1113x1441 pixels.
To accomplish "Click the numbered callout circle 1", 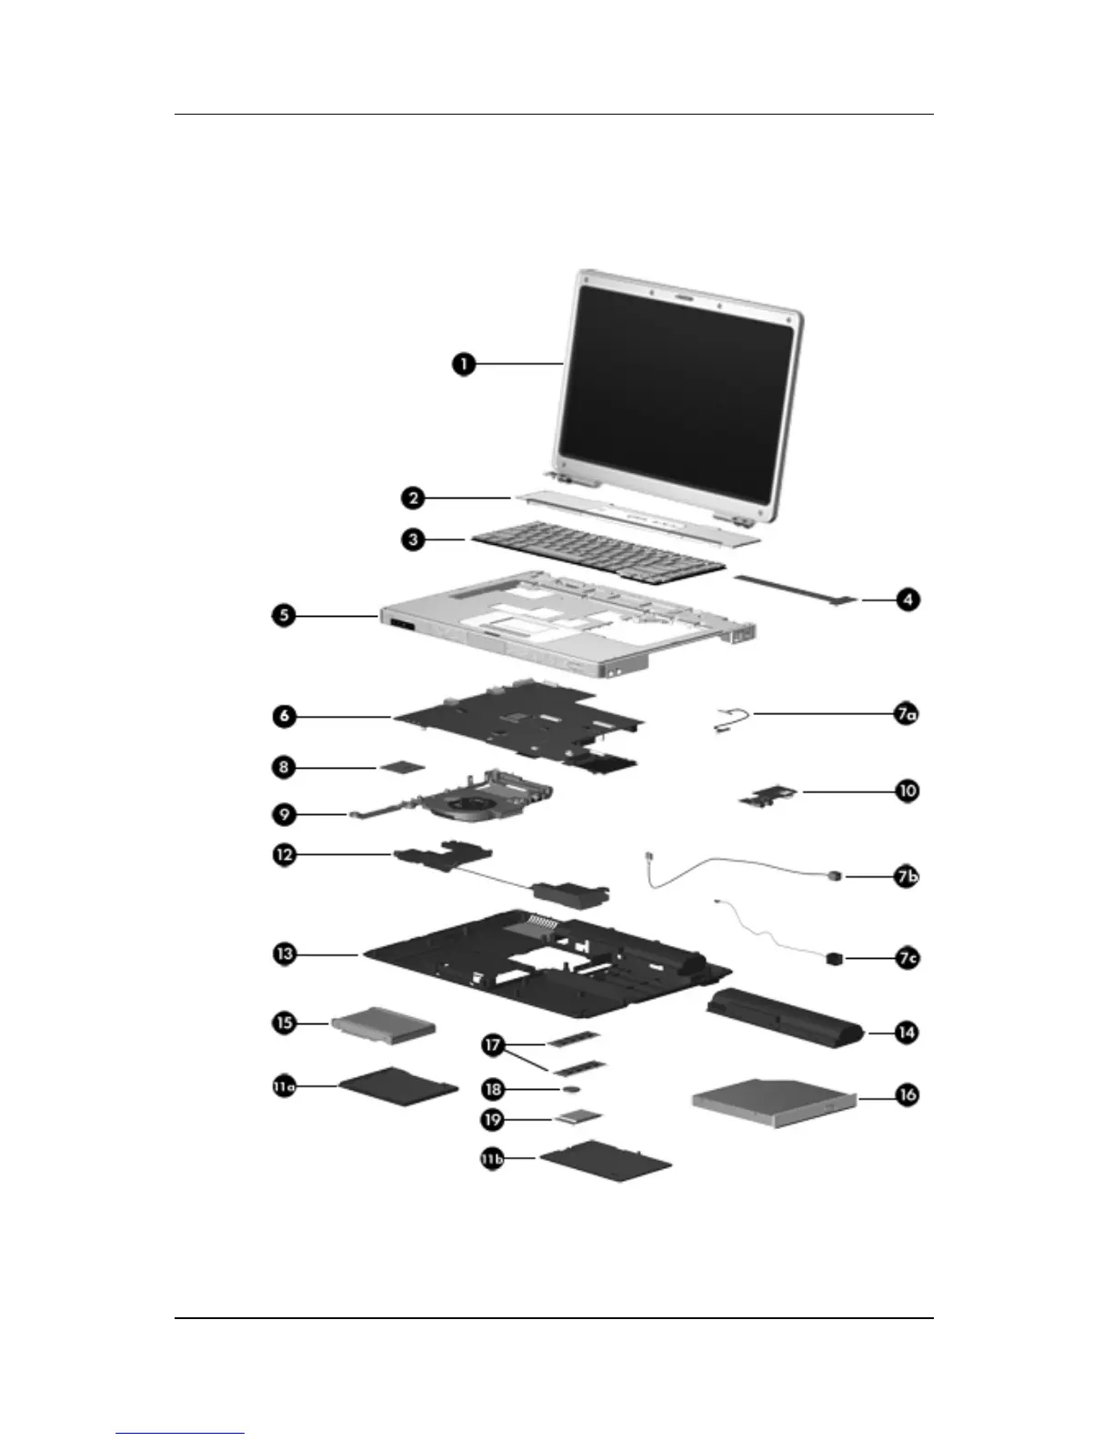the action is tap(464, 365).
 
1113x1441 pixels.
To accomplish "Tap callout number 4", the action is tap(907, 600).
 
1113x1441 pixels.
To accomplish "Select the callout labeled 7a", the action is tap(905, 714).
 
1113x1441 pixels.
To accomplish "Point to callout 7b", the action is tap(906, 877).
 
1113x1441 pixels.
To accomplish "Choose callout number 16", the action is tap(907, 1094).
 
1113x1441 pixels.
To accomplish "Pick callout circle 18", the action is tap(494, 1088).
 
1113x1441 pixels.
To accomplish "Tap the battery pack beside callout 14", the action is tap(782, 1020).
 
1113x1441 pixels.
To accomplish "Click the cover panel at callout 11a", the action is tap(398, 1083).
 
